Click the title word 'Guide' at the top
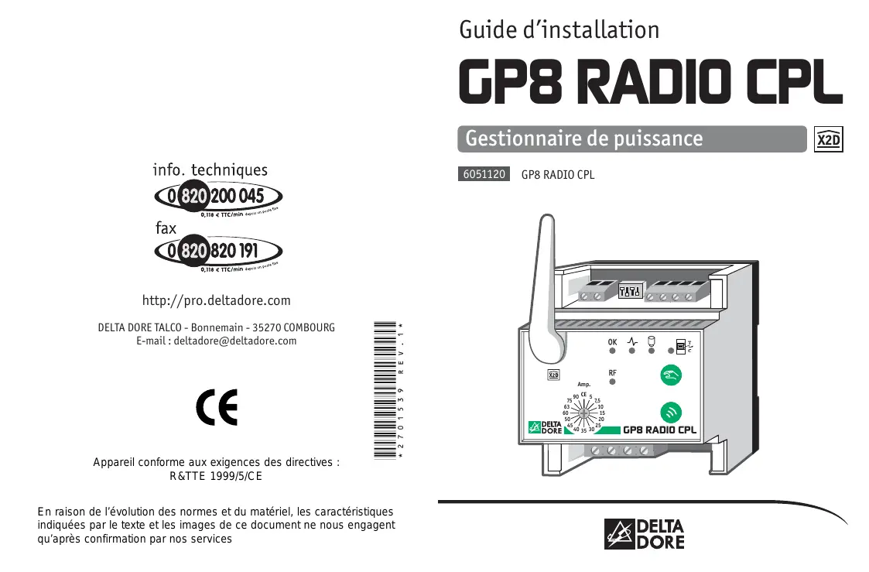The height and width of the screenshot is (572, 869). tap(488, 30)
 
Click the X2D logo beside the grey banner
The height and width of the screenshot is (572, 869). tap(829, 139)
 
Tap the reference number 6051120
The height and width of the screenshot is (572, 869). tap(484, 174)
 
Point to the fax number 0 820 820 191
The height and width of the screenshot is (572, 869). tap(219, 251)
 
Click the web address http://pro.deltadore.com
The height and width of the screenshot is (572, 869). tap(216, 300)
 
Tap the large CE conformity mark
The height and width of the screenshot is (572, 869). tap(217, 407)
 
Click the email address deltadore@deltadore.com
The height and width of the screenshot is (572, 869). tap(235, 341)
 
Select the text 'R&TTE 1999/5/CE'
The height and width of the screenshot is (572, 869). tap(216, 476)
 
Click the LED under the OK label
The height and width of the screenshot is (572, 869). tap(612, 351)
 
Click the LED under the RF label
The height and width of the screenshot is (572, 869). tap(612, 382)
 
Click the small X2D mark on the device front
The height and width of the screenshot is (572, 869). tap(553, 375)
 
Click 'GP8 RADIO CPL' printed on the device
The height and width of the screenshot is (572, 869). tap(659, 430)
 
